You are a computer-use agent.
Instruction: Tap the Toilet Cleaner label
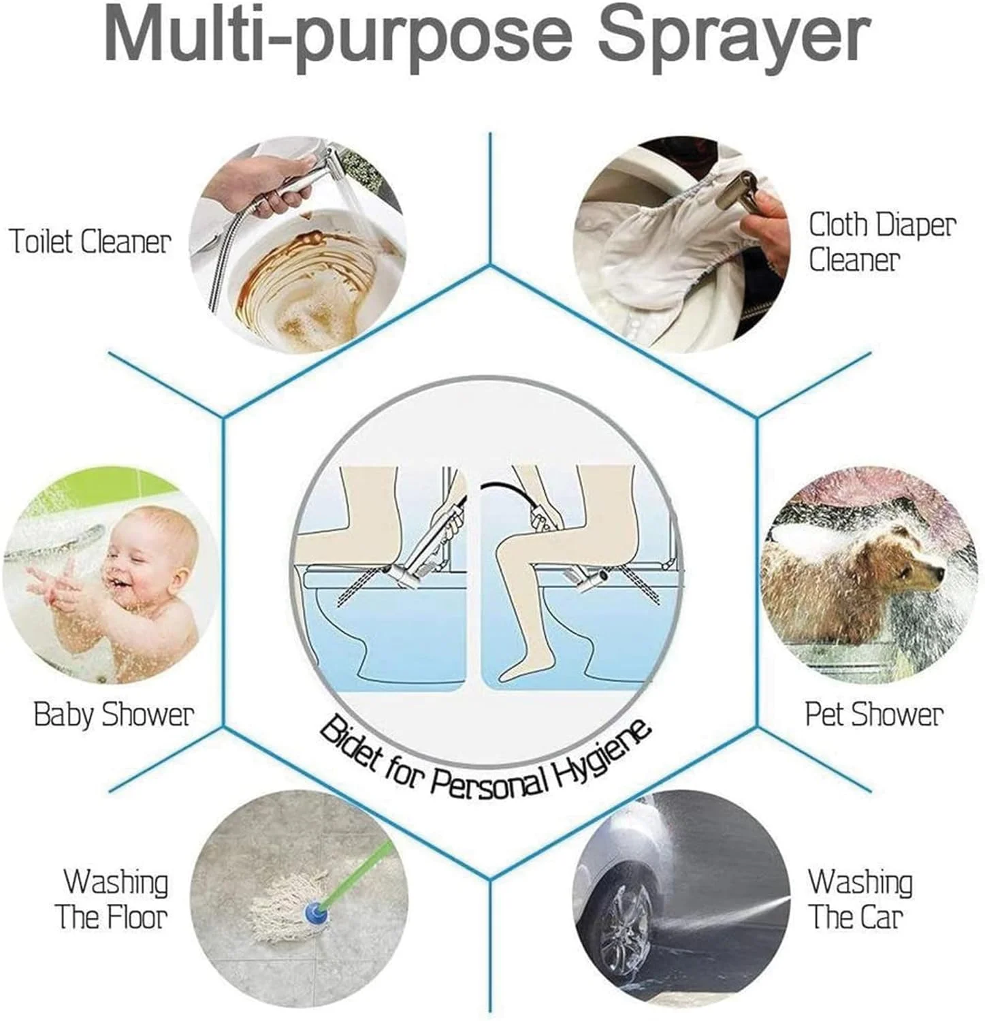(89, 242)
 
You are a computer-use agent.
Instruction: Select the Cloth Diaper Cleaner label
(882, 242)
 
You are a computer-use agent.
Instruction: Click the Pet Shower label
(874, 714)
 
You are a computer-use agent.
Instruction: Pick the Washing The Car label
(860, 898)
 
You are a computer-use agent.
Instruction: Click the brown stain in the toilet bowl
(300, 272)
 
